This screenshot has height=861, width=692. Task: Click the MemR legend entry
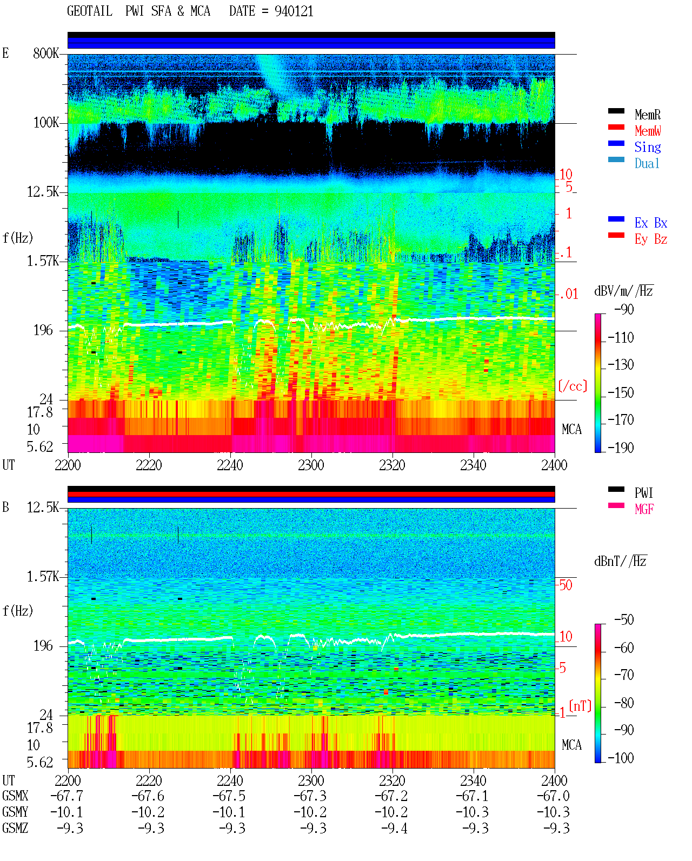(647, 115)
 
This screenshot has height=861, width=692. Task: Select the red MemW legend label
(648, 131)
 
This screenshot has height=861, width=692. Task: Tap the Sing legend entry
(647, 147)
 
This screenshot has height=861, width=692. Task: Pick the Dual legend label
(647, 163)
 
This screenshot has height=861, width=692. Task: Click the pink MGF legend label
(644, 509)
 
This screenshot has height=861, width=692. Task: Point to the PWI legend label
(643, 493)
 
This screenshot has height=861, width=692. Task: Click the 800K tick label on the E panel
(46, 53)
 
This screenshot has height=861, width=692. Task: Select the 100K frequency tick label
(46, 123)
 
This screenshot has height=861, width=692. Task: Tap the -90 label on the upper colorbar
(624, 309)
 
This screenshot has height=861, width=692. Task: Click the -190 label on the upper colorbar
(621, 448)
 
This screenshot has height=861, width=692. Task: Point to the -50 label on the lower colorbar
(624, 620)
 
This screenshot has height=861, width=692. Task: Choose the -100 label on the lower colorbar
(621, 758)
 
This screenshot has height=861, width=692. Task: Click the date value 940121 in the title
(294, 11)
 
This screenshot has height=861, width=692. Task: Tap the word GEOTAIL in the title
(90, 11)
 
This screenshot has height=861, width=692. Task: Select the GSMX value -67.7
(66, 796)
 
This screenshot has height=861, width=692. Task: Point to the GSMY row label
(15, 812)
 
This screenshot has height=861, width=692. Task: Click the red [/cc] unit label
(573, 386)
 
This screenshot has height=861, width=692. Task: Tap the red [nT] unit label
(580, 706)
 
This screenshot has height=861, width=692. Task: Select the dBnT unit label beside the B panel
(621, 562)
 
